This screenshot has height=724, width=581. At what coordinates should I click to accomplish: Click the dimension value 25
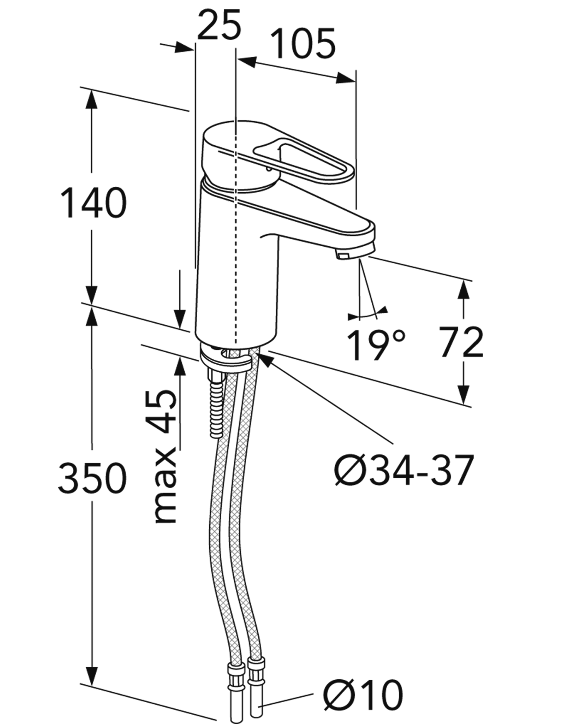(219, 24)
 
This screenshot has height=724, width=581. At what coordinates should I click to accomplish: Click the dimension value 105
(303, 43)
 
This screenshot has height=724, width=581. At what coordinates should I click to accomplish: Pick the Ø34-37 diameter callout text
(404, 470)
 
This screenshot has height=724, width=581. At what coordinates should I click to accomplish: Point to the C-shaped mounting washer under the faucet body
(226, 359)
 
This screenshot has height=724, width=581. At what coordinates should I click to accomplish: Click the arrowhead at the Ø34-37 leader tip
(265, 359)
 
